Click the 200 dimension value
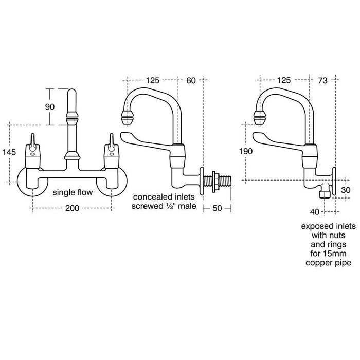pyautogui.click(x=72, y=208)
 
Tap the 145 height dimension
pyautogui.click(x=9, y=152)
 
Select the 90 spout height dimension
pyautogui.click(x=50, y=107)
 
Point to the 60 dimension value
pyautogui.click(x=191, y=80)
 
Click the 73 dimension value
pyautogui.click(x=322, y=80)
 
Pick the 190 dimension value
pyautogui.click(x=246, y=151)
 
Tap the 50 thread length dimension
pyautogui.click(x=217, y=208)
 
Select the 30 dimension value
pyautogui.click(x=346, y=190)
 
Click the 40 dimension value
pyautogui.click(x=315, y=212)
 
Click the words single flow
pyautogui.click(x=73, y=192)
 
